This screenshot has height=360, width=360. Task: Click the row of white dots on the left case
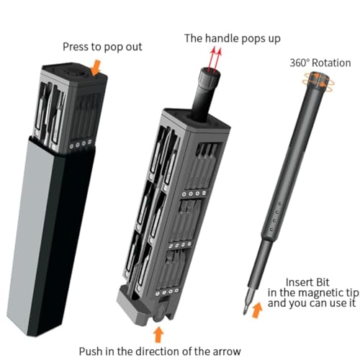79,143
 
